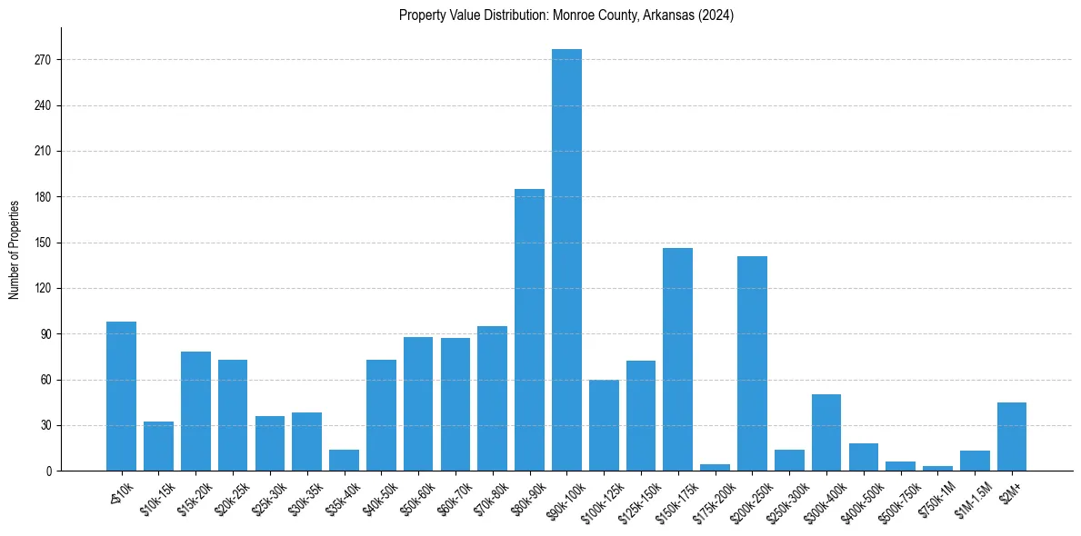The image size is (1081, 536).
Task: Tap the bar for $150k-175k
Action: coord(677,359)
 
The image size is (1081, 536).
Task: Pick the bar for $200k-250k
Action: coord(752,363)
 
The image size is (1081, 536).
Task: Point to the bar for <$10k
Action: coord(121,396)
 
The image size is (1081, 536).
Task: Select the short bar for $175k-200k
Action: coord(715,467)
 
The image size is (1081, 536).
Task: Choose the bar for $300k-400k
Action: coord(826,432)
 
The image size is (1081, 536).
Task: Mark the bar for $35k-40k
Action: coord(344,461)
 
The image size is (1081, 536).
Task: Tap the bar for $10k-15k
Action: coord(158,446)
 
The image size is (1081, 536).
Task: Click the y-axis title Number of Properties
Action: coord(15,249)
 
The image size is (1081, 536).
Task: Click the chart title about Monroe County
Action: coord(566,15)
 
